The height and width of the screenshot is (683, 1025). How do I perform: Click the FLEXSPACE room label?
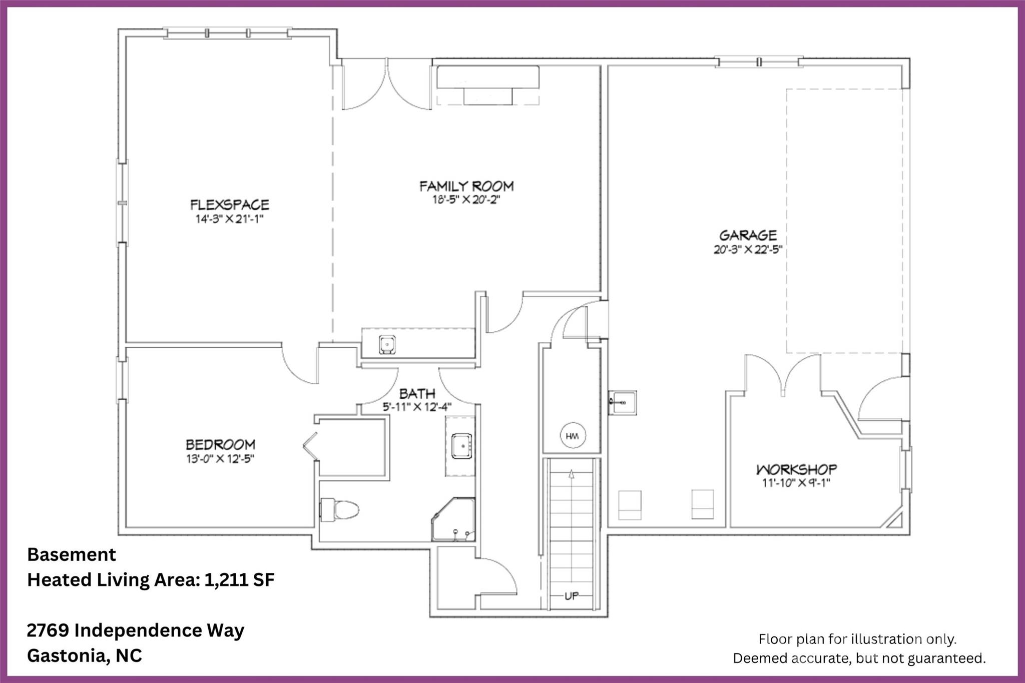tap(230, 205)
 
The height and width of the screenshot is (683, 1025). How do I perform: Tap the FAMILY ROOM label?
tap(466, 186)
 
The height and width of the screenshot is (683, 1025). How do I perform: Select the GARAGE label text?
tap(748, 235)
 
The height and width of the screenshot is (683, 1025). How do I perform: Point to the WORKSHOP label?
tap(796, 469)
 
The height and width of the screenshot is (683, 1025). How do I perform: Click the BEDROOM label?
tap(221, 444)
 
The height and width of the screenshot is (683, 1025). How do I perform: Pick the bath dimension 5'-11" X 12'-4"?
tap(417, 407)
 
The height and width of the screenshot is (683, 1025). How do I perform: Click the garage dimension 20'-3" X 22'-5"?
tap(748, 249)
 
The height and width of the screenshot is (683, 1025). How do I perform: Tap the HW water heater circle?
tap(572, 436)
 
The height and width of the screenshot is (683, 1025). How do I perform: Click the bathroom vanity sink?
tap(461, 446)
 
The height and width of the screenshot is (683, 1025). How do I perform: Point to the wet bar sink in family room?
tap(387, 344)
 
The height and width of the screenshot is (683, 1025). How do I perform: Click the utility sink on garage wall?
tap(623, 402)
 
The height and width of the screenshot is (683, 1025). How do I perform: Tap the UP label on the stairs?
tap(572, 596)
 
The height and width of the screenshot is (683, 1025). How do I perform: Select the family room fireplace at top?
tap(488, 85)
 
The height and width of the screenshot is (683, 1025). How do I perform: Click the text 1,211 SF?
tap(239, 579)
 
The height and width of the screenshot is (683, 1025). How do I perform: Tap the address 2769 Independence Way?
tap(136, 630)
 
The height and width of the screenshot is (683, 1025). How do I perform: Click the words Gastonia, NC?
tap(85, 655)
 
